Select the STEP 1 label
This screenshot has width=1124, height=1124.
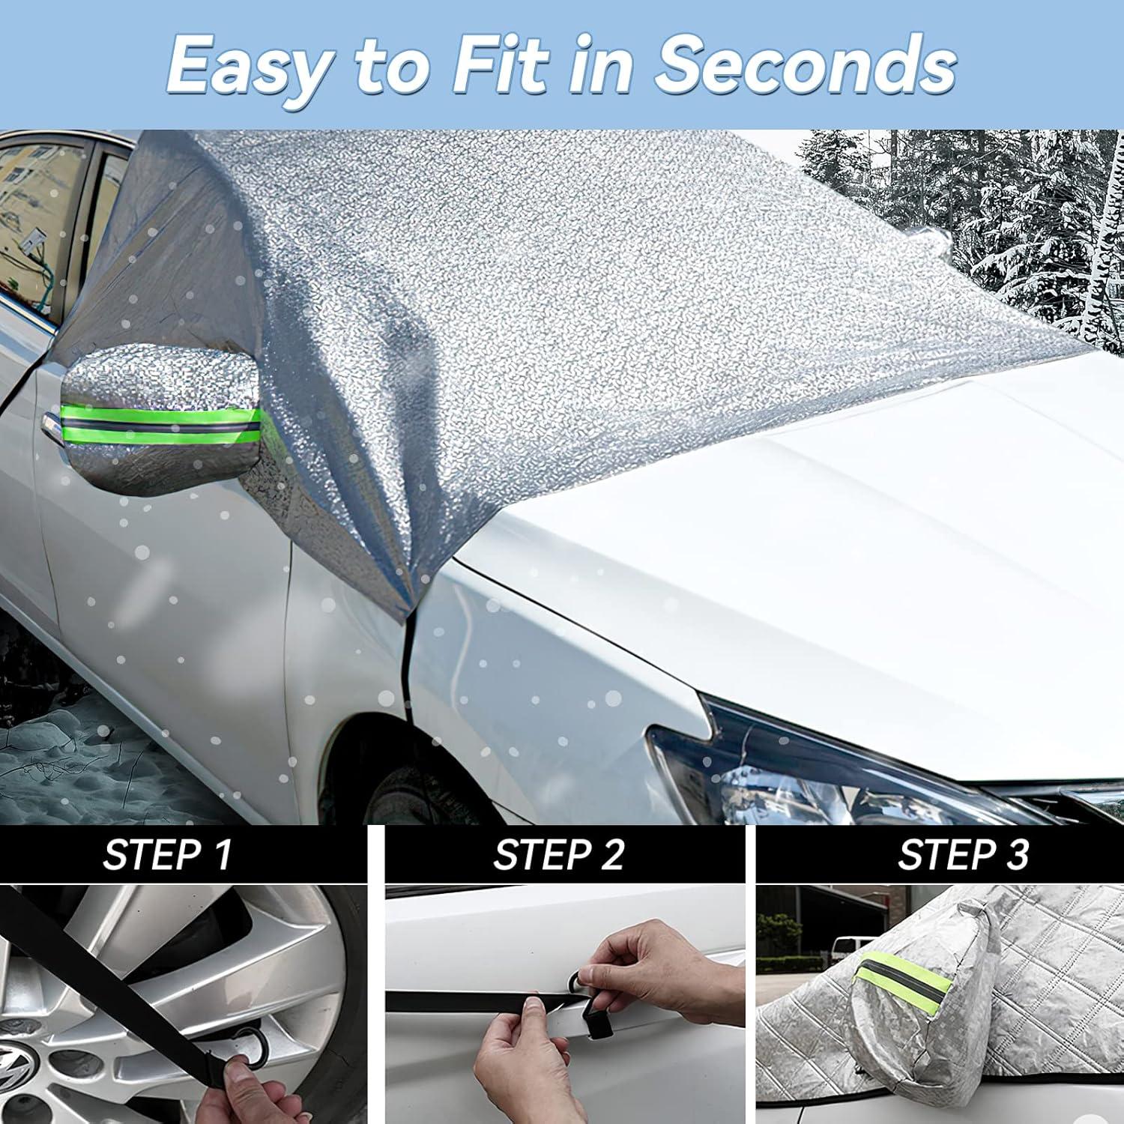(x=167, y=855)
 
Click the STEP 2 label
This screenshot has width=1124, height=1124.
(x=558, y=855)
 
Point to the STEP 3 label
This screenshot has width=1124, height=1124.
(x=963, y=855)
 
